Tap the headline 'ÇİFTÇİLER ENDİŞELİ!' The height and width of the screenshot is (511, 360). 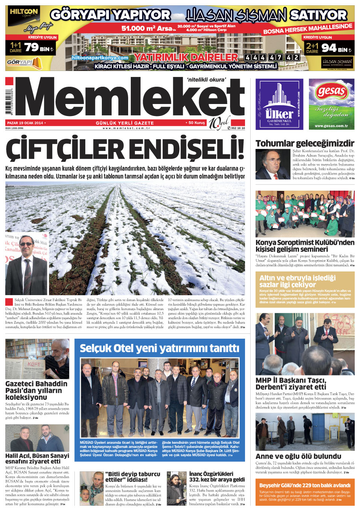[x=125, y=149]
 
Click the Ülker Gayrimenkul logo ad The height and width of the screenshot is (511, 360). [x=279, y=104]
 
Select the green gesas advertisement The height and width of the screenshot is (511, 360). [x=331, y=104]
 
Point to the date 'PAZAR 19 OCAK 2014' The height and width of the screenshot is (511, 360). [x=25, y=123]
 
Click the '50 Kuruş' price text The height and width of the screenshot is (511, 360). [x=196, y=123]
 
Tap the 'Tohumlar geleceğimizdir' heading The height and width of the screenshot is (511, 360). [x=305, y=143]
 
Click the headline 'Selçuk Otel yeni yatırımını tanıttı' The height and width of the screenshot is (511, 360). [x=159, y=348]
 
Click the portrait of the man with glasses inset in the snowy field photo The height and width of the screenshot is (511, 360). [x=26, y=264]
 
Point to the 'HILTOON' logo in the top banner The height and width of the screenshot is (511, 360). [x=24, y=12]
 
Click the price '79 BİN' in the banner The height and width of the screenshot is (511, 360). [x=39, y=48]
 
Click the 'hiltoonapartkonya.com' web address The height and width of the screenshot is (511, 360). [x=100, y=58]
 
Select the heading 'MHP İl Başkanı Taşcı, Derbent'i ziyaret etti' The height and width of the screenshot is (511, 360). [x=291, y=383]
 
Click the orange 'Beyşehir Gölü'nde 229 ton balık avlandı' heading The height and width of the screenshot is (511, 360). [x=305, y=485]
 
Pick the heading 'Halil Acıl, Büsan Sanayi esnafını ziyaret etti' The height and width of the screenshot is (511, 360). [x=37, y=458]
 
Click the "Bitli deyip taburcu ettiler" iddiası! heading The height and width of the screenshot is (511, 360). [x=133, y=476]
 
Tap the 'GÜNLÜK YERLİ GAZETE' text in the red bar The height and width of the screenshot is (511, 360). [x=125, y=123]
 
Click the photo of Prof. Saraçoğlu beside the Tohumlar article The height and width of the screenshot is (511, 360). [x=272, y=164]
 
